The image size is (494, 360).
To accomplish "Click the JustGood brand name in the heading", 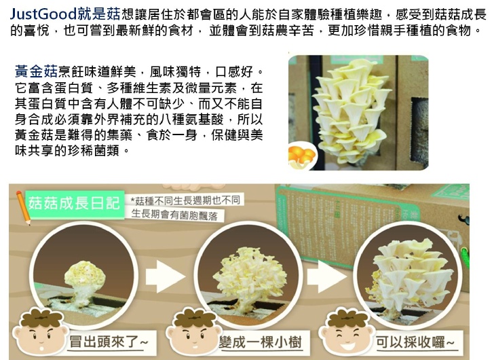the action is click(x=43, y=14).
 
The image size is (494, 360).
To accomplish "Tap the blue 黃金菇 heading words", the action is click(x=36, y=71).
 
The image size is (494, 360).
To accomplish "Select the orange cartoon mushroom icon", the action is click(x=301, y=156).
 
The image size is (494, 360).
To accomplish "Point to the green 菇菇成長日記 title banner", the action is click(x=75, y=204).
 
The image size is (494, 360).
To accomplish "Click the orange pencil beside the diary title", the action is click(x=23, y=207).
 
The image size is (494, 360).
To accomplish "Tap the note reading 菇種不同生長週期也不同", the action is click(x=185, y=200).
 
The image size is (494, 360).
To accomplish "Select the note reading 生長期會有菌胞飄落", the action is click(x=174, y=215).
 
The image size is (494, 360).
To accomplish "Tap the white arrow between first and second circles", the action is click(x=165, y=276).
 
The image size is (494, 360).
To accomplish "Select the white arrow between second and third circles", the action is click(x=326, y=276).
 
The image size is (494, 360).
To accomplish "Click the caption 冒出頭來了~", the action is click(x=109, y=342).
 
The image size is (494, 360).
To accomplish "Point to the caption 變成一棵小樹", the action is click(x=261, y=342).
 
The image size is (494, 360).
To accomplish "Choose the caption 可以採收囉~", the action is click(x=415, y=342).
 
